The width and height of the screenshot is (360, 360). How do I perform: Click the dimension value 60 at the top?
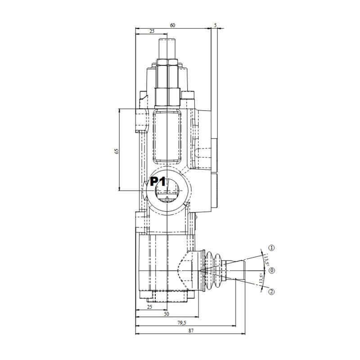pos(172,25)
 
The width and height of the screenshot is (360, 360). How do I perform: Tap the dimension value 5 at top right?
pos(216,25)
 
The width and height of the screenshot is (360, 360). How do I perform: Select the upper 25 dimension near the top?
pos(152,31)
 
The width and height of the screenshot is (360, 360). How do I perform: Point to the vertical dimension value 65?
pos(117,151)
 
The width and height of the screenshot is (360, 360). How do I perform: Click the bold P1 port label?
pos(158,182)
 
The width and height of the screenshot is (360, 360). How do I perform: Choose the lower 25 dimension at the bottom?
pos(149,307)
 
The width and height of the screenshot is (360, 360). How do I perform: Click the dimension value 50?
pos(166,314)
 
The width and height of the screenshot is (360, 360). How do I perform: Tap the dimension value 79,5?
pos(182,323)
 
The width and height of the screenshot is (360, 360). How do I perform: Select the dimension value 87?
pos(191,331)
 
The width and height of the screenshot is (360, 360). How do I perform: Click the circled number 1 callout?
pos(272,248)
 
